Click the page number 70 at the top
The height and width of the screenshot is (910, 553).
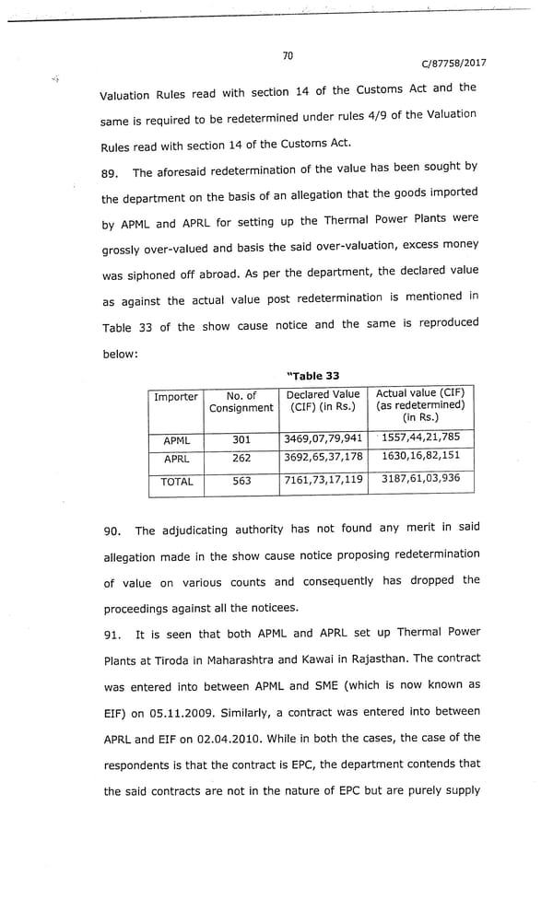tap(288, 56)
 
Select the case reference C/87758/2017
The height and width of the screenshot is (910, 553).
tap(453, 64)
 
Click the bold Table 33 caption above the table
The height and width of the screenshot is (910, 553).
tap(313, 376)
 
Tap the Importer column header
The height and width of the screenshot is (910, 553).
tap(175, 397)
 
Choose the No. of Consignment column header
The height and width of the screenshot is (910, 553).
tap(241, 402)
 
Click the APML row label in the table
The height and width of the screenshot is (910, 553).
tap(176, 441)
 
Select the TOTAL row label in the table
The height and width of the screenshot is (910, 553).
tap(177, 482)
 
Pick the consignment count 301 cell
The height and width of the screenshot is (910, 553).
tap(241, 440)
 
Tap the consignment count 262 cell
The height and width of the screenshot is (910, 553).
tap(241, 458)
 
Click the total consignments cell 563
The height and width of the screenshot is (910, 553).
tap(241, 481)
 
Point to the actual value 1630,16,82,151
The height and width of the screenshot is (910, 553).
tap(420, 456)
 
